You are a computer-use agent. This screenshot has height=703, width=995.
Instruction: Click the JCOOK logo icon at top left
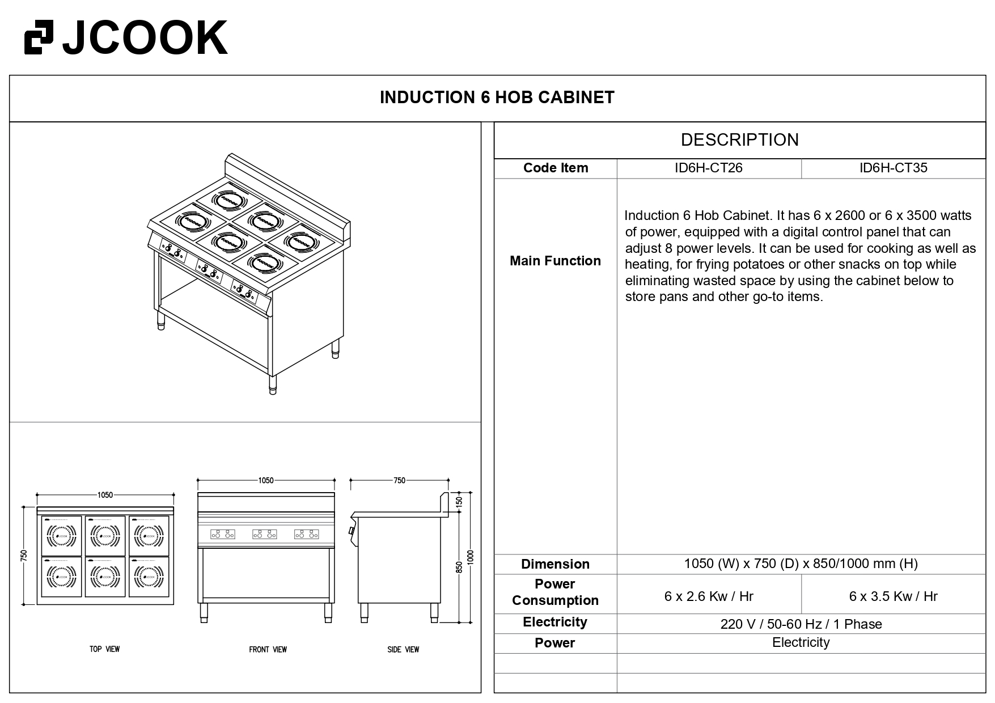pos(39,37)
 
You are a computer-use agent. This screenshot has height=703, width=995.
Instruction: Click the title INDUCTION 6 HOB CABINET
pos(497,98)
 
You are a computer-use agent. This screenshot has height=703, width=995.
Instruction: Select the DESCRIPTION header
pos(739,140)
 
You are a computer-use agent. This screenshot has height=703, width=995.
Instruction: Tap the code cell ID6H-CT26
pos(708,168)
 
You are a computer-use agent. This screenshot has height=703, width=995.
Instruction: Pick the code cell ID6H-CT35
pos(893,168)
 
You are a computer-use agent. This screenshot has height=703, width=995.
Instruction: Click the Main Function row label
pos(555,261)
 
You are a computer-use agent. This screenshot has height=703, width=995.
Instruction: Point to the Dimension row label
pos(555,564)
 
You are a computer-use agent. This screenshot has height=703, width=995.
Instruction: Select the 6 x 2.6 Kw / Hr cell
pos(709,596)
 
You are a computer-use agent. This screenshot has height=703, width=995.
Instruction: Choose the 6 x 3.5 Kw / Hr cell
pos(893,596)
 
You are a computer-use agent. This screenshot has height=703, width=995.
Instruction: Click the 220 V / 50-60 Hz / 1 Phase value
pos(801,624)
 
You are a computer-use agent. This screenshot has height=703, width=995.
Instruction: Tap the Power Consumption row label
pos(555,592)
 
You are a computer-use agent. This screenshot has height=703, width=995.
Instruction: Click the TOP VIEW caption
pos(105,649)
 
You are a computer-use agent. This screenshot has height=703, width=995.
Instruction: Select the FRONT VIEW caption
pos(268,650)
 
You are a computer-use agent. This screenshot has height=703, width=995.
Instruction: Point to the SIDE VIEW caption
pos(403,650)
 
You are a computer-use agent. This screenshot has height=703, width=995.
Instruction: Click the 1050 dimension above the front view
pos(266,481)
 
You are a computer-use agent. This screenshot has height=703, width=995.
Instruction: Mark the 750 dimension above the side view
pos(399,481)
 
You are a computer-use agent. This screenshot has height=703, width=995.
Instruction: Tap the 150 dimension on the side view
pos(459,502)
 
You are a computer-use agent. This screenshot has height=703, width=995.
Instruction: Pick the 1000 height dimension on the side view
pos(470,557)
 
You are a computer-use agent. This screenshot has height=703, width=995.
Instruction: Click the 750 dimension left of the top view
pos(24,556)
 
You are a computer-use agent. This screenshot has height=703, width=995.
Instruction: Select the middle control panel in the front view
pos(264,534)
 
